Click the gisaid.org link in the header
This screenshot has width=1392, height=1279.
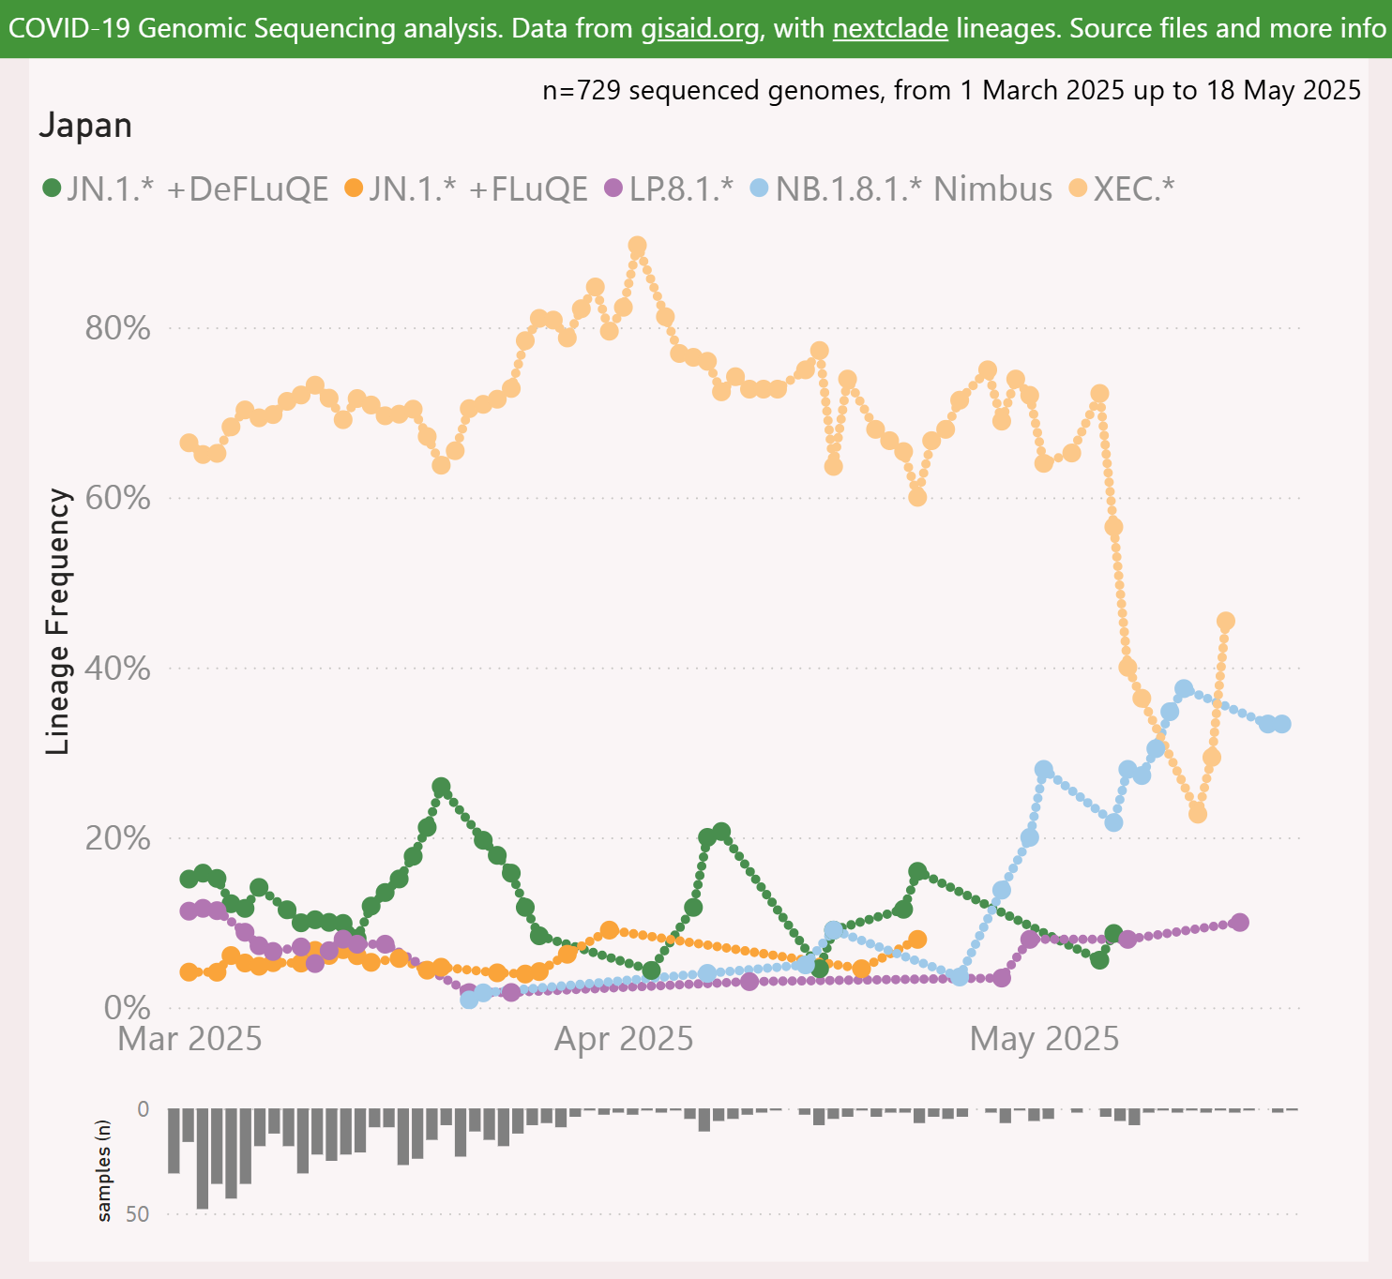click(700, 28)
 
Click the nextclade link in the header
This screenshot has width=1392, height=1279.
click(889, 28)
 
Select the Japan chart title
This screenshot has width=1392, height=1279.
click(85, 126)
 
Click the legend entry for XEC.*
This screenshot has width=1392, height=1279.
click(1133, 188)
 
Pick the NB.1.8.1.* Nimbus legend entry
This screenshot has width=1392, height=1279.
click(913, 188)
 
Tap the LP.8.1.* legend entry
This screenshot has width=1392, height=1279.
click(680, 188)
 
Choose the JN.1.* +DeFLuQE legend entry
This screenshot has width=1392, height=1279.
click(197, 188)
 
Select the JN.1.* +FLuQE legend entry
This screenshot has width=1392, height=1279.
click(477, 188)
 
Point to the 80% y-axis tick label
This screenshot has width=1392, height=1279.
click(117, 328)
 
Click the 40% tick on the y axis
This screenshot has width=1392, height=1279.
click(117, 669)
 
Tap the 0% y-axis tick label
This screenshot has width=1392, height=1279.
click(127, 1008)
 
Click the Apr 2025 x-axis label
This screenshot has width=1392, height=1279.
click(624, 1039)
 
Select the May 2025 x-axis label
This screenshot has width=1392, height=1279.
click(1044, 1039)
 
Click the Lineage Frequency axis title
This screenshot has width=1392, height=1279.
click(59, 621)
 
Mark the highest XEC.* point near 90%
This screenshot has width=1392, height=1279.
click(637, 247)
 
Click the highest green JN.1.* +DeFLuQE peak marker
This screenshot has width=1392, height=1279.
click(441, 787)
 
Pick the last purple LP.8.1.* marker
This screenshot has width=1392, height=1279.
click(1239, 922)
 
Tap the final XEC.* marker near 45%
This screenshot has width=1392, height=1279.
click(1225, 621)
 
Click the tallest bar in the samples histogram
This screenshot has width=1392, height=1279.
click(202, 1158)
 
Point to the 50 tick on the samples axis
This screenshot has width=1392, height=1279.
click(137, 1214)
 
